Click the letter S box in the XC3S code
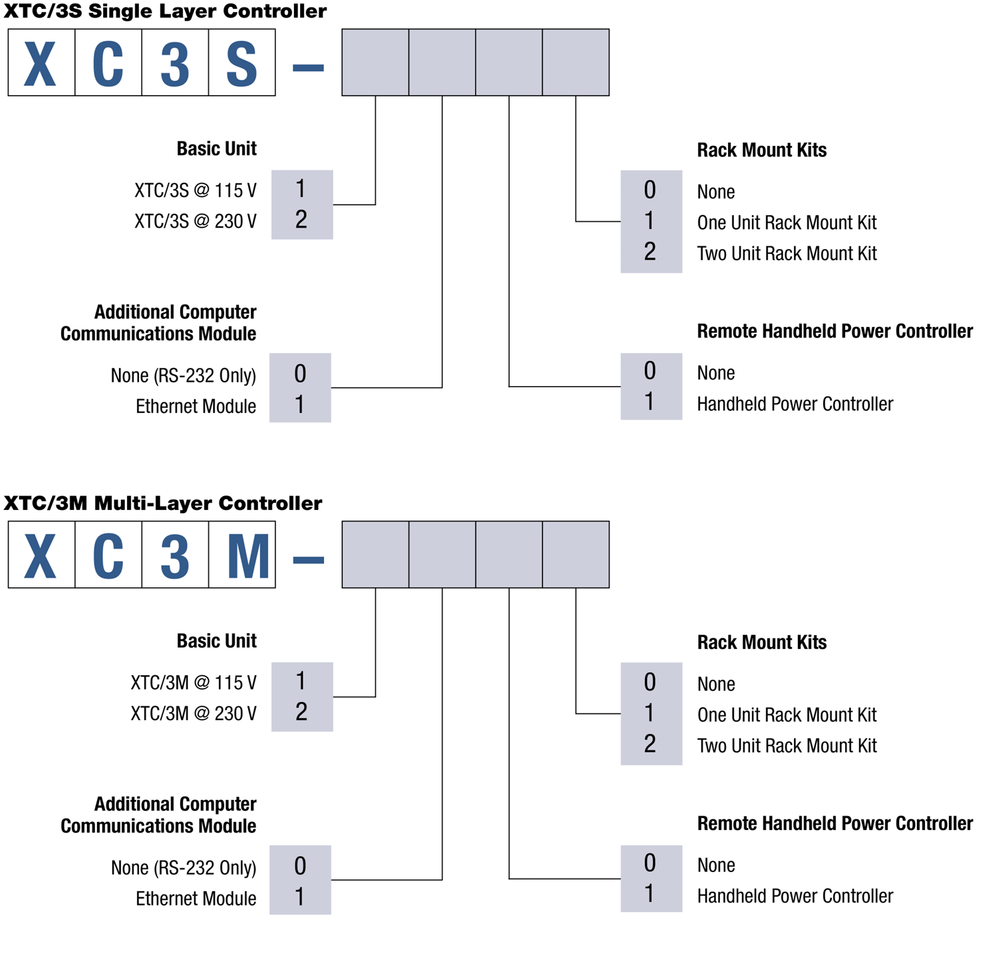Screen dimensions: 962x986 click(x=242, y=63)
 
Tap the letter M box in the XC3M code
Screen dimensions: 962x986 click(x=242, y=555)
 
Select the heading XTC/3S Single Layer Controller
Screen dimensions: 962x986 click(x=165, y=11)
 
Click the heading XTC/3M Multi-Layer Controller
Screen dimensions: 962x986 click(x=163, y=503)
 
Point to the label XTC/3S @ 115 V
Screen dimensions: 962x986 click(x=195, y=190)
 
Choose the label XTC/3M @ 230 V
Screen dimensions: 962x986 click(x=193, y=713)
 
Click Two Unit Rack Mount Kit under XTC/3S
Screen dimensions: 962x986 click(x=787, y=253)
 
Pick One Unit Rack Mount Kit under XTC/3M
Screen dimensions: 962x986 click(x=787, y=714)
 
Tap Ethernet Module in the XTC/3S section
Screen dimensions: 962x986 click(x=196, y=406)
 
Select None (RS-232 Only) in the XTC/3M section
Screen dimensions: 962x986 click(x=183, y=868)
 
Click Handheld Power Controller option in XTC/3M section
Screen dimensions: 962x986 click(x=795, y=896)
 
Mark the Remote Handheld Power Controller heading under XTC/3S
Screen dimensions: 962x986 click(x=834, y=331)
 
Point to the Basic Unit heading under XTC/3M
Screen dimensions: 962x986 click(x=216, y=641)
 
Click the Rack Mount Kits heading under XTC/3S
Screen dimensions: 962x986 click(x=761, y=150)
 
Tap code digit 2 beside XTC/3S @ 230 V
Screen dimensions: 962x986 click(x=301, y=220)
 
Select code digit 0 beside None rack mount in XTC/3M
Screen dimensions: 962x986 click(x=650, y=682)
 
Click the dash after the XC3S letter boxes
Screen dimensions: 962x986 click(x=308, y=67)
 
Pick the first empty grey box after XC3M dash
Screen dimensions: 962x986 click(x=375, y=555)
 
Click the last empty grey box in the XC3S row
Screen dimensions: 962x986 click(x=576, y=62)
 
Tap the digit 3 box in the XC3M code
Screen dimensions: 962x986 click(x=175, y=555)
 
